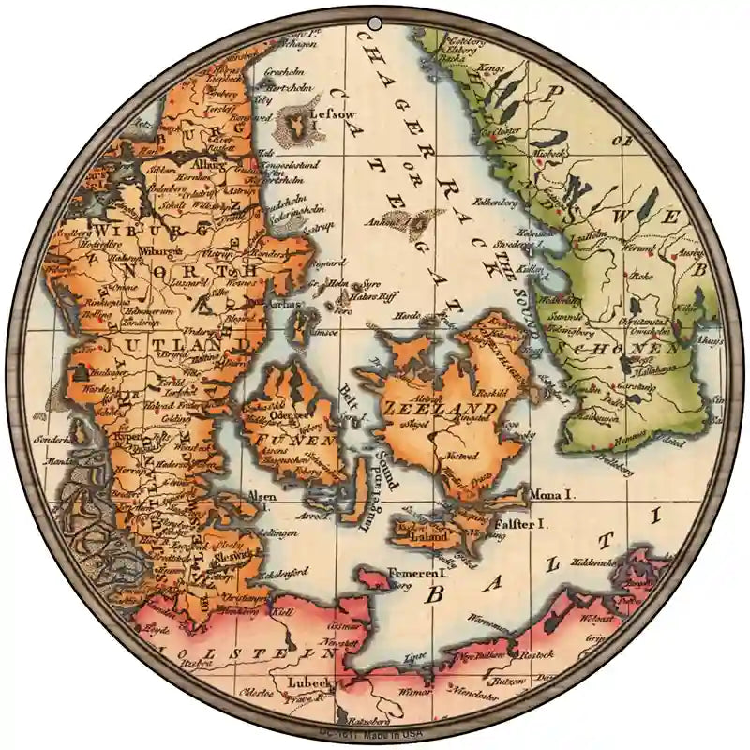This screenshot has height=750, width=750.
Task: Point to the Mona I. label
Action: point(552,491)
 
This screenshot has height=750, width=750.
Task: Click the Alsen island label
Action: point(262,494)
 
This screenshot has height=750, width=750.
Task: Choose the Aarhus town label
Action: point(286,305)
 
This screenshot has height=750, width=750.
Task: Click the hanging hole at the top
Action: point(375,22)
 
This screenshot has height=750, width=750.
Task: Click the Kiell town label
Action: point(281,610)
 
